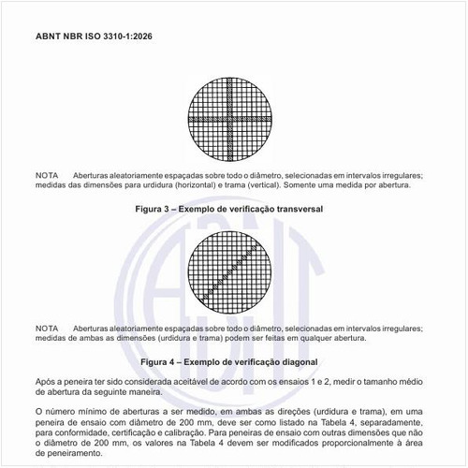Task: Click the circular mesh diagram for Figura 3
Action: coord(231,120)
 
